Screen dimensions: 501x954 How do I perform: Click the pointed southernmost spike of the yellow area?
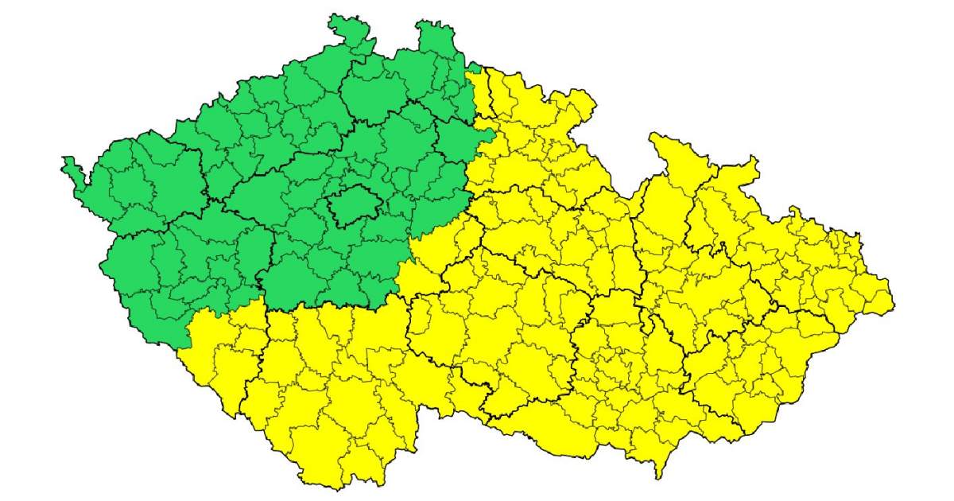click(658, 474)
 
